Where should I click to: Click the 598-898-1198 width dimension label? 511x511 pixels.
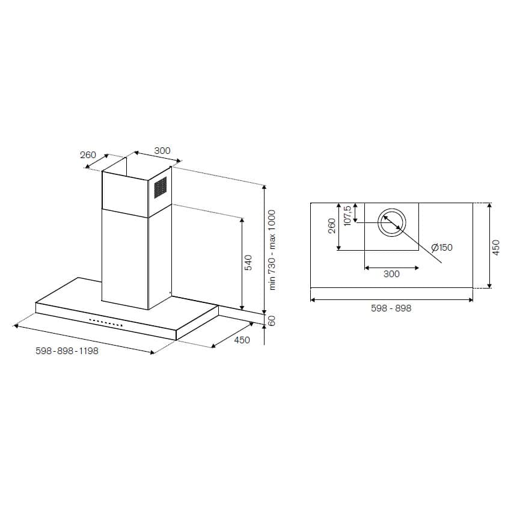click(67, 351)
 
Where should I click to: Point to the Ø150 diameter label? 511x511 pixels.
click(441, 248)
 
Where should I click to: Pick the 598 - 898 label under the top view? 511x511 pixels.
click(391, 308)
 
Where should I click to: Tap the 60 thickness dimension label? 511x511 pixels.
click(271, 321)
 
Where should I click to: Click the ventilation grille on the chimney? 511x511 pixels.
click(160, 188)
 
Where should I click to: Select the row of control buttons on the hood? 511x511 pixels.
click(106, 323)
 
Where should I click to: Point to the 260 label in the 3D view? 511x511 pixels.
click(88, 155)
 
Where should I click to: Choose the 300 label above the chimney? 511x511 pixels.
click(162, 151)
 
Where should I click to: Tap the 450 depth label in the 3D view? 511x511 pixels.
click(242, 340)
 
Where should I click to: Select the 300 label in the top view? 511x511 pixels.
click(391, 274)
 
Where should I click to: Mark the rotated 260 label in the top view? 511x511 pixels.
click(332, 226)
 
